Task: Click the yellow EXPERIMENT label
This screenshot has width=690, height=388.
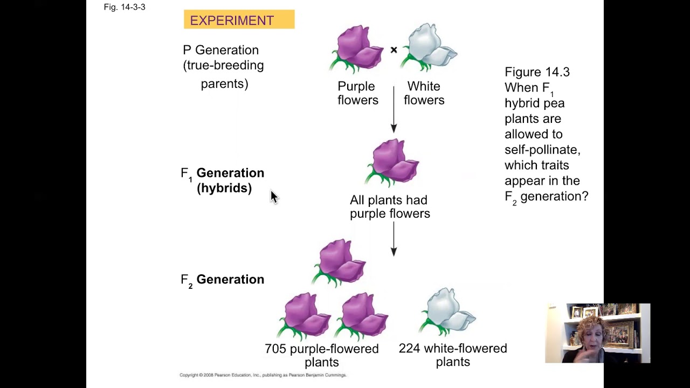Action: click(239, 20)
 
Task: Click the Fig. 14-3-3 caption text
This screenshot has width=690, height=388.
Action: click(125, 7)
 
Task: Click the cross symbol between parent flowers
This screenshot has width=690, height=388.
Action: click(394, 50)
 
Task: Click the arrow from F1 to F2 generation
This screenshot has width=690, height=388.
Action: click(394, 239)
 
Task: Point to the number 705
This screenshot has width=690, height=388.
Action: click(275, 349)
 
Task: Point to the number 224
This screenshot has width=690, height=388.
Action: click(409, 349)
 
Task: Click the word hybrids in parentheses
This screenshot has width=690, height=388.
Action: click(224, 188)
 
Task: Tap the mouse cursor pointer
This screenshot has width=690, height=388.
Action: click(273, 197)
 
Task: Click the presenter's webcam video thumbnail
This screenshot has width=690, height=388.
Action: click(597, 333)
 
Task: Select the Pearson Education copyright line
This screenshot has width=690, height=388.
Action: click(263, 375)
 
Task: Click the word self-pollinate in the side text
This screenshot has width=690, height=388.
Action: click(542, 150)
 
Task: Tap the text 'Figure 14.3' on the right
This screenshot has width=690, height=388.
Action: click(537, 72)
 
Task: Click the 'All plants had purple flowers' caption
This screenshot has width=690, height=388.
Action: click(389, 207)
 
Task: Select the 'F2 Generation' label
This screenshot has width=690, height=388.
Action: click(222, 280)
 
